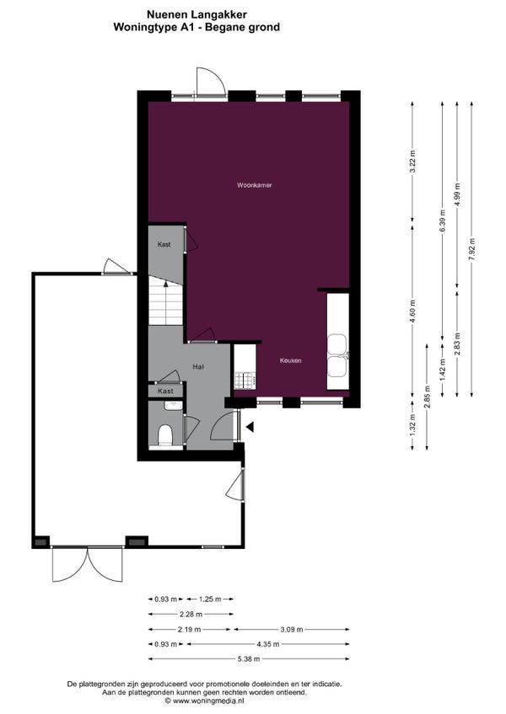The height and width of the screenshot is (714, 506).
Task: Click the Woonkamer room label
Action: [254, 185]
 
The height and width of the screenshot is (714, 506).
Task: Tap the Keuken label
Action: [291, 360]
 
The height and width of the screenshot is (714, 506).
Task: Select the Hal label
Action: [198, 366]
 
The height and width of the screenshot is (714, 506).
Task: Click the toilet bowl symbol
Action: [164, 434]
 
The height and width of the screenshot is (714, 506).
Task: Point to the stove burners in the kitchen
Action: [245, 381]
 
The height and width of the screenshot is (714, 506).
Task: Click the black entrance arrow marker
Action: [250, 427]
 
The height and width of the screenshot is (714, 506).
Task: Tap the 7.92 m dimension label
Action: [471, 249]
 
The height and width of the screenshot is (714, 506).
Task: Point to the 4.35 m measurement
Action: [269, 644]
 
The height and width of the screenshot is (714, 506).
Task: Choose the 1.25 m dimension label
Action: [211, 599]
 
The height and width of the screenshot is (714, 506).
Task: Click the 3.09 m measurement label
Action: [292, 629]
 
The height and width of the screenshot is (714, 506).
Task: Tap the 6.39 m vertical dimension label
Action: [442, 221]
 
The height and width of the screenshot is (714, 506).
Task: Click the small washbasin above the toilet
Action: [174, 405]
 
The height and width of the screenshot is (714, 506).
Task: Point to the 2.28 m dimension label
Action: [191, 615]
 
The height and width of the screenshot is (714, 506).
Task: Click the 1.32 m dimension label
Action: [412, 425]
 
